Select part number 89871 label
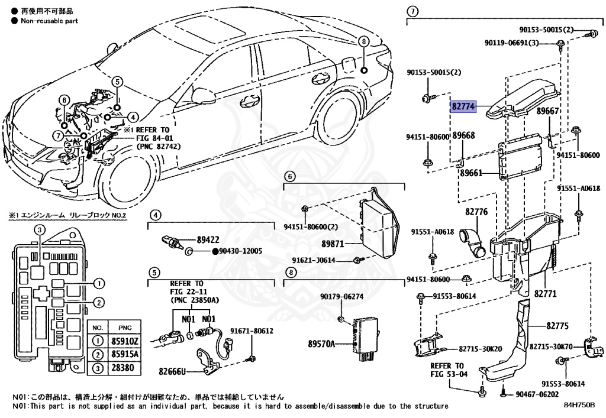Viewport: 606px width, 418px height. [334, 244]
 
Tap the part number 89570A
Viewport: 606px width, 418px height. [321, 344]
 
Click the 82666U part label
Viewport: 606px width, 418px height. [172, 372]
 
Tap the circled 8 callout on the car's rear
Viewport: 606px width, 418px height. [364, 41]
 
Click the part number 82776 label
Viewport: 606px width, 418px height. [476, 211]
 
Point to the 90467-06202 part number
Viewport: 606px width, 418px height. [537, 393]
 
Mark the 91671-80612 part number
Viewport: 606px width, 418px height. [252, 330]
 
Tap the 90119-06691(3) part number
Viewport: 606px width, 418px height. [511, 43]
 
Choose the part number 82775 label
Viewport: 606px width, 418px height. [557, 325]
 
